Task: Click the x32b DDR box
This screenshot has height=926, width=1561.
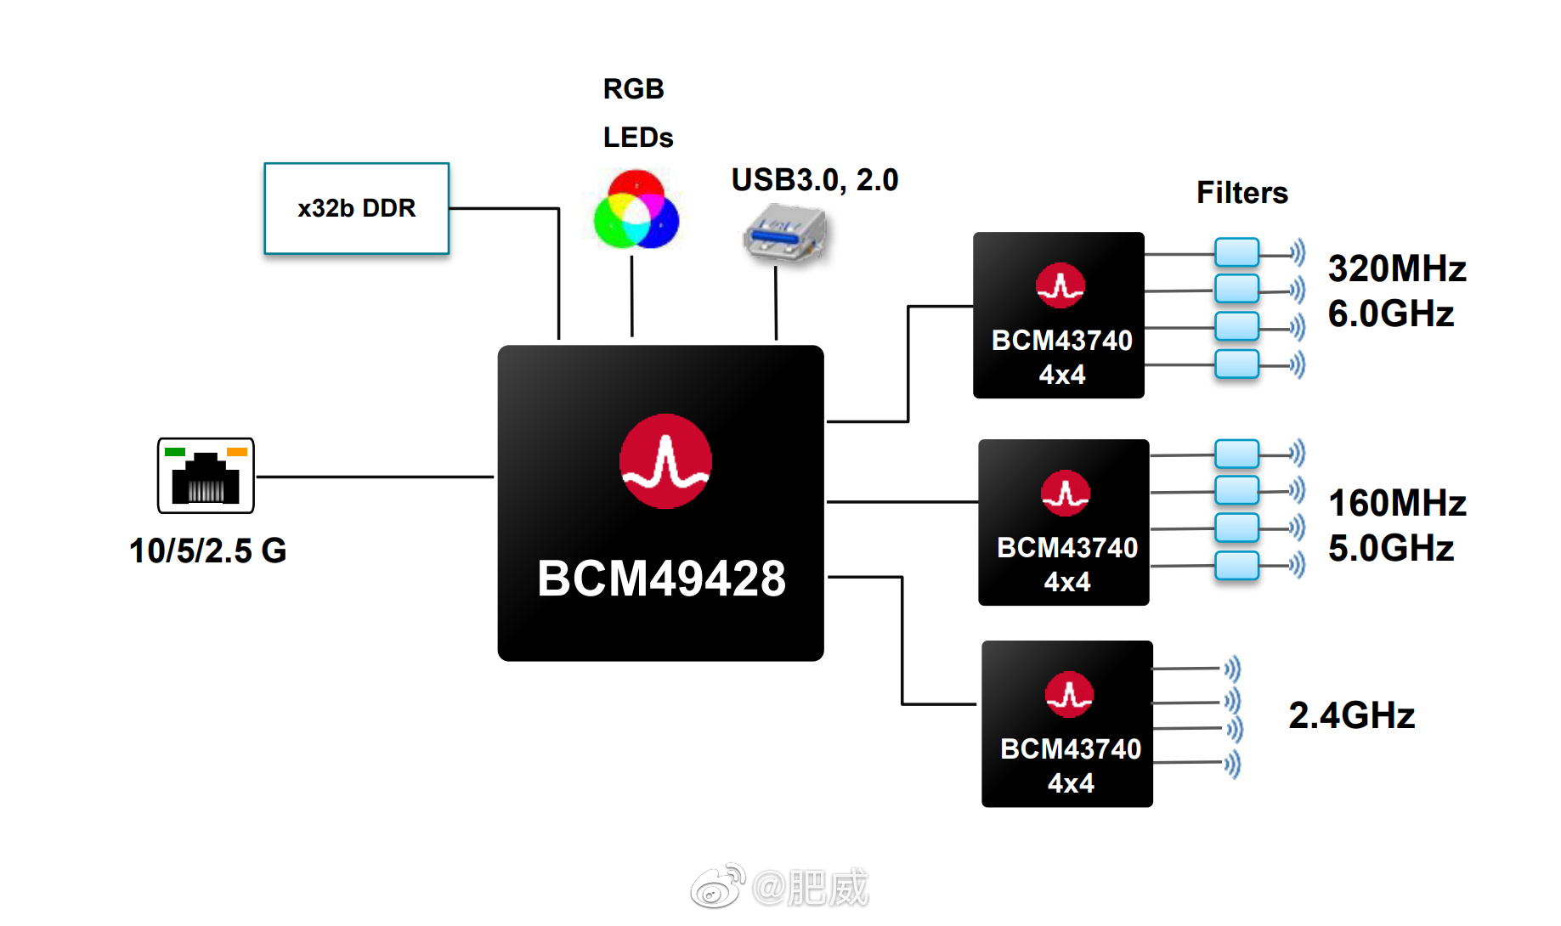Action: point(356,208)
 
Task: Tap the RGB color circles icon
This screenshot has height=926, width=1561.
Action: point(636,210)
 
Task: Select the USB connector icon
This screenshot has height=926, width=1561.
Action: point(784,233)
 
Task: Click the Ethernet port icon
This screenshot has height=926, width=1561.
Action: point(206,476)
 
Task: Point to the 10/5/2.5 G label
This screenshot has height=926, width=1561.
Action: point(207,551)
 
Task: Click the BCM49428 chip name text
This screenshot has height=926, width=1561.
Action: point(661,579)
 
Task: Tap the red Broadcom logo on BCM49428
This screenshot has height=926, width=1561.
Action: point(665,461)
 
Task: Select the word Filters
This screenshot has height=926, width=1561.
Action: point(1241,193)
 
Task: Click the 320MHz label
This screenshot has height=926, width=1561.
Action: point(1396,268)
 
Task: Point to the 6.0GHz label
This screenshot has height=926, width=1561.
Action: point(1390,313)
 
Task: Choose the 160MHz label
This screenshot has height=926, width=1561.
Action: point(1396,503)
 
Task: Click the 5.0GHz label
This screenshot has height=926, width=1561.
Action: point(1390,548)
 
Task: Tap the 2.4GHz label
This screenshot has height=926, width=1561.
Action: point(1351,715)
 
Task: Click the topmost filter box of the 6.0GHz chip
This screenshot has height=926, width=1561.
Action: point(1236,252)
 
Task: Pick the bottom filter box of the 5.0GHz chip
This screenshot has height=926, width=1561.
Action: point(1236,565)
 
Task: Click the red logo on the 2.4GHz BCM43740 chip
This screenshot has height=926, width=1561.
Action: point(1069,694)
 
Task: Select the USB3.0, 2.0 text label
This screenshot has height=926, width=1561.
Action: point(814,180)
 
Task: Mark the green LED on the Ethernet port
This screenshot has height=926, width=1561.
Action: point(175,452)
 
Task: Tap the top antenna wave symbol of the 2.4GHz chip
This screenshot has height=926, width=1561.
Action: point(1233,669)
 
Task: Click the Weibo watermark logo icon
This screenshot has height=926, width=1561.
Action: point(717,888)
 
